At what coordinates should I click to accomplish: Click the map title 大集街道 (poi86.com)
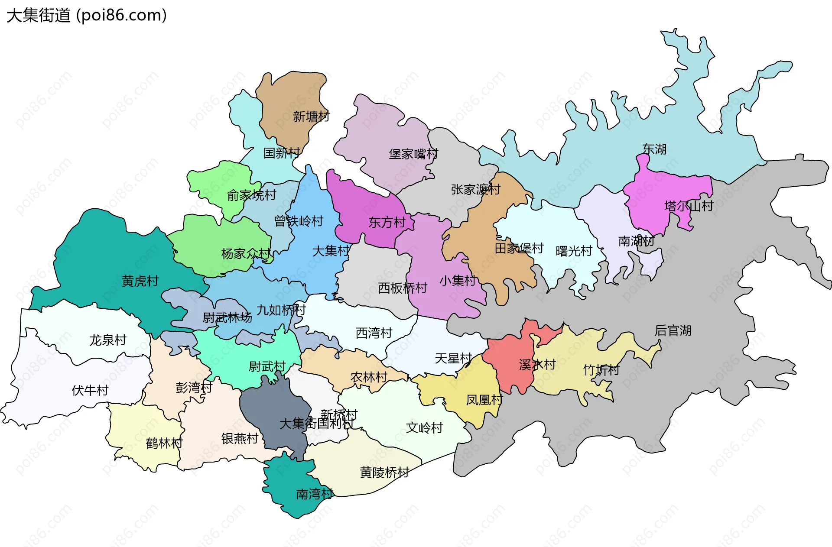[x=87, y=16]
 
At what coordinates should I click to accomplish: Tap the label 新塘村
[x=311, y=117]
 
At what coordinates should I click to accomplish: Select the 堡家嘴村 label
[x=413, y=154]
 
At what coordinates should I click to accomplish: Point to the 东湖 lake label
[x=654, y=149]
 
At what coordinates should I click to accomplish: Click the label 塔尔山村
[x=689, y=206]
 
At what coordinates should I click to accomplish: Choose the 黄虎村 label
[x=140, y=281]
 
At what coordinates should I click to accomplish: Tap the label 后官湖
[x=673, y=330]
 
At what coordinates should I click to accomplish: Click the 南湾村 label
[x=314, y=494]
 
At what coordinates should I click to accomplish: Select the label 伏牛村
[x=90, y=390]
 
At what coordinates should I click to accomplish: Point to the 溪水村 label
[x=537, y=365]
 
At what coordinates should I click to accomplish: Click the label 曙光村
[x=574, y=251]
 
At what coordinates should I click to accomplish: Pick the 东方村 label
[x=387, y=223]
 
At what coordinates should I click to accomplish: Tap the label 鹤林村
[x=164, y=443]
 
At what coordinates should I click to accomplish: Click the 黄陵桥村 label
[x=384, y=472]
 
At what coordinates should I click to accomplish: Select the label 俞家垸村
[x=251, y=195]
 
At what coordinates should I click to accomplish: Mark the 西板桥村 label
[x=402, y=288]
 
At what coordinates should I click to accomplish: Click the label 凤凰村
[x=484, y=400]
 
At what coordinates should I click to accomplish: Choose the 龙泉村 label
[x=108, y=340]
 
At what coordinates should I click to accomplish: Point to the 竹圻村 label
[x=601, y=370]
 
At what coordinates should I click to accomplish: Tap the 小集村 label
[x=458, y=281]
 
